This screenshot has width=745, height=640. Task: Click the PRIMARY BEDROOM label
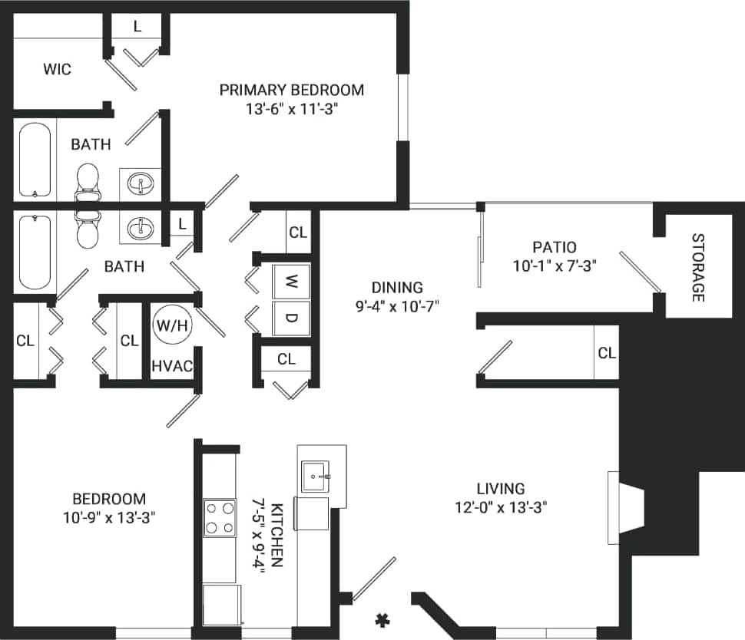pyautogui.click(x=291, y=90)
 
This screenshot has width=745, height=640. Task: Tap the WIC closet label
pyautogui.click(x=57, y=70)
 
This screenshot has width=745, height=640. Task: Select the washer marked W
pyautogui.click(x=292, y=281)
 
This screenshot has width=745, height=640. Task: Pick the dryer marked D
pyautogui.click(x=292, y=318)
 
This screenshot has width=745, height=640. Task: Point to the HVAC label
pyautogui.click(x=171, y=366)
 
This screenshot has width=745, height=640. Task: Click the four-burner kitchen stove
pyautogui.click(x=220, y=517)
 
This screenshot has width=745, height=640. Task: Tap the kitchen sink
pyautogui.click(x=315, y=476)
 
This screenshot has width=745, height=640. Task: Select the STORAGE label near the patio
pyautogui.click(x=697, y=266)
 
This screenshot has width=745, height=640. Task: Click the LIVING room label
pyautogui.click(x=500, y=488)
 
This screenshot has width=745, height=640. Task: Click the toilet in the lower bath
pyautogui.click(x=88, y=227)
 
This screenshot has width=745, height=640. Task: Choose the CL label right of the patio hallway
pyautogui.click(x=606, y=353)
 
